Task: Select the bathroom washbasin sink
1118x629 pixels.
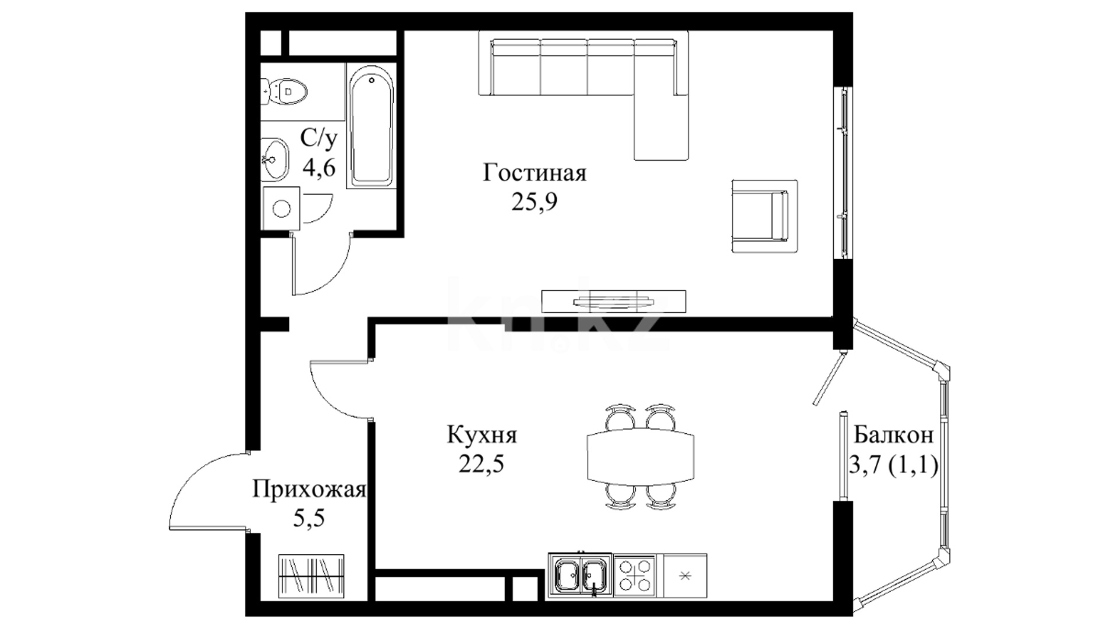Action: tap(274, 158)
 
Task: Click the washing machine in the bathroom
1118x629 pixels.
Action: tap(281, 208)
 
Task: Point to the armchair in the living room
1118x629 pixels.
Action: tap(764, 215)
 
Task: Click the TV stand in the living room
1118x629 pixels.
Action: tap(614, 301)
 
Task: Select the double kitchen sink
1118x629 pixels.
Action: tap(580, 576)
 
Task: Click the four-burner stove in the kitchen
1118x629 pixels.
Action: tap(635, 576)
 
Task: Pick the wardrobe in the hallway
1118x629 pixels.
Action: tap(312, 576)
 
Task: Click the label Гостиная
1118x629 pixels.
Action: tap(534, 174)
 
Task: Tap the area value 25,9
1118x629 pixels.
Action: tap(534, 202)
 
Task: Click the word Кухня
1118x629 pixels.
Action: tap(482, 435)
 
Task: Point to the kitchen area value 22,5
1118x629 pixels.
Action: tap(481, 464)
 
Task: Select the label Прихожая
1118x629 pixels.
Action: tap(309, 490)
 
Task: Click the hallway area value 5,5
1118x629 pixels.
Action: tap(309, 518)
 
